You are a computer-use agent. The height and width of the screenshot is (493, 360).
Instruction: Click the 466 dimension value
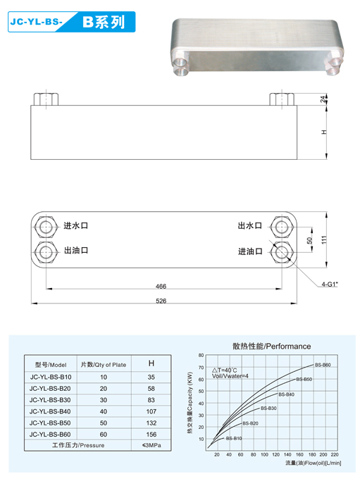click(x=161, y=286)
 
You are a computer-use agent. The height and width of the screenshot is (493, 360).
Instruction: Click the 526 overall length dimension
click(x=161, y=301)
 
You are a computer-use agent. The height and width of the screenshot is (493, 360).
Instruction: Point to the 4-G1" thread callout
click(x=330, y=285)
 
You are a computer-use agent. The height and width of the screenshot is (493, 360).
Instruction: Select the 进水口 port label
click(x=76, y=225)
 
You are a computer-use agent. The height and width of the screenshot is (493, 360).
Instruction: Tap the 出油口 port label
click(x=76, y=250)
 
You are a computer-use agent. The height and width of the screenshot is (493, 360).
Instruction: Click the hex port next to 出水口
click(x=281, y=226)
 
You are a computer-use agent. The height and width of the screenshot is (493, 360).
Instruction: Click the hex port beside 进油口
click(x=281, y=252)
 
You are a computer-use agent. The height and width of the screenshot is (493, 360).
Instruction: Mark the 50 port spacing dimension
click(x=310, y=241)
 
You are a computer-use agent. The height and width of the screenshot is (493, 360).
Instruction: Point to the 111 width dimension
click(x=325, y=239)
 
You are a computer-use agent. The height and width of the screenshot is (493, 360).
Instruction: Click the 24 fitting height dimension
click(x=323, y=99)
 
